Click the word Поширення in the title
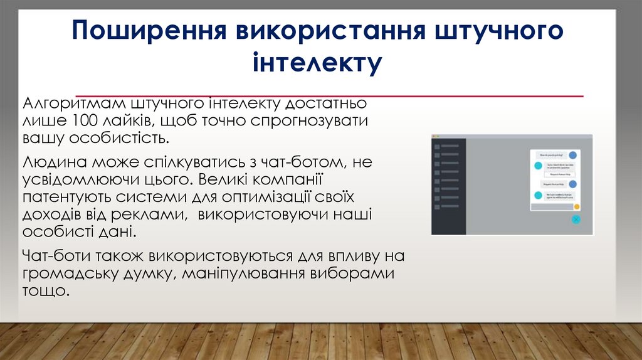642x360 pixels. pyautogui.click(x=148, y=33)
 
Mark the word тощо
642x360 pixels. pyautogui.click(x=44, y=291)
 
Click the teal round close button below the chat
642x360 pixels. pyautogui.click(x=576, y=220)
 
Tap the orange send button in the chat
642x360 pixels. pyautogui.click(x=576, y=206)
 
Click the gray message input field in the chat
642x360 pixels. pyautogui.click(x=551, y=206)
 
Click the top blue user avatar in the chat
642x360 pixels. pyautogui.click(x=572, y=154)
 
